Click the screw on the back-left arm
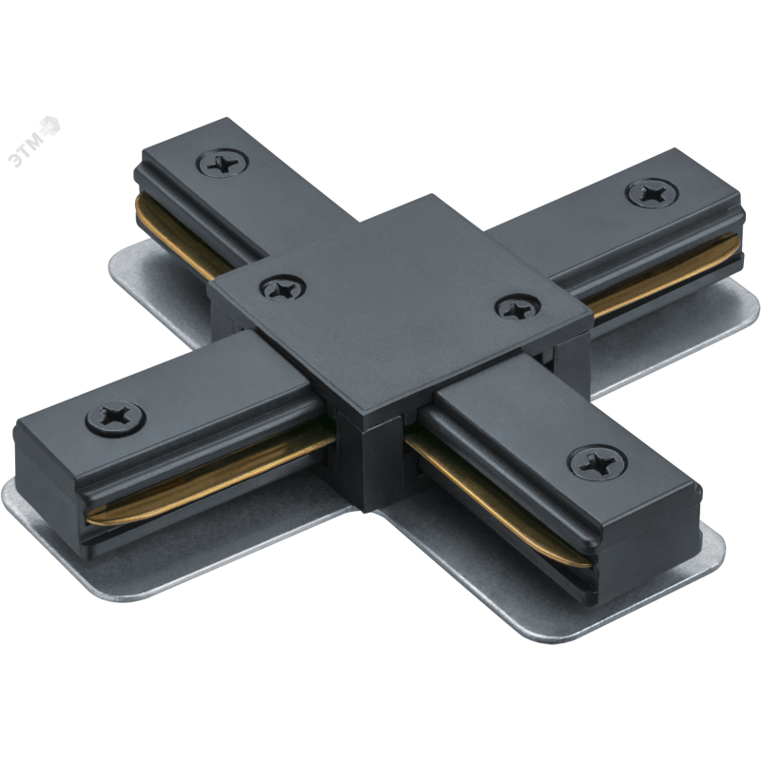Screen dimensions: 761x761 pos(223,163)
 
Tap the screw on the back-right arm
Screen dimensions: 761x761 pos(652,192)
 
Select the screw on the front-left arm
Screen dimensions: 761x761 pos(115,418)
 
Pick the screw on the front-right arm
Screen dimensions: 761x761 pos(597,462)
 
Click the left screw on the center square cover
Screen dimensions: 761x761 pos(283,288)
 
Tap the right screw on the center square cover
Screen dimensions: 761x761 pos(517,307)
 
